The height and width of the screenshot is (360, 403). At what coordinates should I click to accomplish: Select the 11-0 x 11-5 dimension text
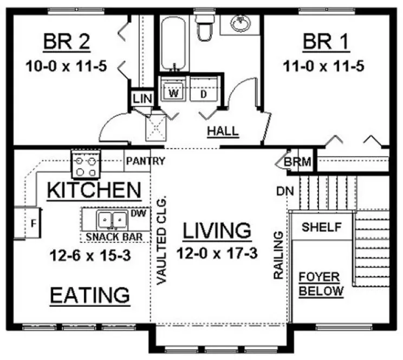[x=323, y=67]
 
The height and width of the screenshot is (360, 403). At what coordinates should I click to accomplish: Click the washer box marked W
[x=173, y=92]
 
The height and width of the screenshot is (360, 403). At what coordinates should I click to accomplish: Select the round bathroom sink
[x=239, y=23]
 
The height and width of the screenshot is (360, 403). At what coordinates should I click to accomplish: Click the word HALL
[x=223, y=131]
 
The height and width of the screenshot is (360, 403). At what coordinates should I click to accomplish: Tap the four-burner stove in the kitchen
[x=86, y=164]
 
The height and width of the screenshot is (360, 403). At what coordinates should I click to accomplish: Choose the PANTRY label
[x=145, y=161]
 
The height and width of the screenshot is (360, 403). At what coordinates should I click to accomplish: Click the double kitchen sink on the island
[x=112, y=220]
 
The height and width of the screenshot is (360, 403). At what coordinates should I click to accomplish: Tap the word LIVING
[x=217, y=230]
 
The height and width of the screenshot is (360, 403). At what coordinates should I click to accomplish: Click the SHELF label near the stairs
[x=322, y=227]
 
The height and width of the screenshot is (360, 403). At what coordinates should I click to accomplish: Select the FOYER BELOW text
[x=322, y=284]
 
